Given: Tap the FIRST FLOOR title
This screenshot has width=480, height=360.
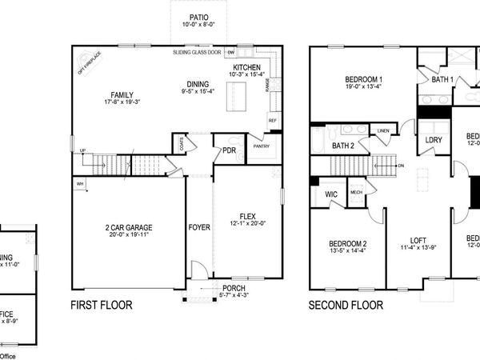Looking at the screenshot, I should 101,305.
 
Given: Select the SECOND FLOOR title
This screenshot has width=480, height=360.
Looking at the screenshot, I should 346,305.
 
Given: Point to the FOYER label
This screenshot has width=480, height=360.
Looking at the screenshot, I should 198,227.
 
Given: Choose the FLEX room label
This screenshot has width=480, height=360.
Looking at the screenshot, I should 246,215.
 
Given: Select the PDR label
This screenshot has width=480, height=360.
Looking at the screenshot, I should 228,150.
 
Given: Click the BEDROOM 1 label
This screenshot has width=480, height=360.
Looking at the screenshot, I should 363,79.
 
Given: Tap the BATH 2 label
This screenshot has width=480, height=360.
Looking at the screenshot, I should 343,146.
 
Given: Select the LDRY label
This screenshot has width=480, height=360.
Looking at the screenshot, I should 434,140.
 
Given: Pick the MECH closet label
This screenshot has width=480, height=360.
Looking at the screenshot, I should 357,192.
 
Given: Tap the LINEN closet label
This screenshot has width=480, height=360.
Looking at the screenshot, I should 383,130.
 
